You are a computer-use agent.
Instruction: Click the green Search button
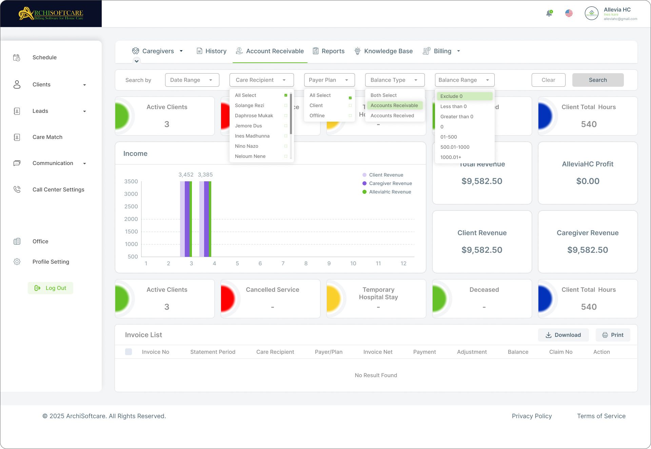(598, 80)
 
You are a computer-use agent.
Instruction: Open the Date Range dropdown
(192, 80)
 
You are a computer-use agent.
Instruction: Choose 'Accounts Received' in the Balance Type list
(392, 116)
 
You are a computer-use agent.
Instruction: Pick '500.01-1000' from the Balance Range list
(455, 147)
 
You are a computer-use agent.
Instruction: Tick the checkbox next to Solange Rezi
(285, 105)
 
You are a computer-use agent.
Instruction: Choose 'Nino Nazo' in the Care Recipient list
(246, 146)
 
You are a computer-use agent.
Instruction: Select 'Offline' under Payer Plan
(317, 116)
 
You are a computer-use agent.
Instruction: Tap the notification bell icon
(549, 14)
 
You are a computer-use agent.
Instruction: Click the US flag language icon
(569, 13)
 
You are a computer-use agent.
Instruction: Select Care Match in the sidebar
(47, 137)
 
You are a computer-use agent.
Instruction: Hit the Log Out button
(51, 288)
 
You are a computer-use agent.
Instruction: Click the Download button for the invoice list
(563, 335)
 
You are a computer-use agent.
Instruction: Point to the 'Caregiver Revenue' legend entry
(390, 183)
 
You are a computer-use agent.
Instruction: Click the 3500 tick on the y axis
(131, 181)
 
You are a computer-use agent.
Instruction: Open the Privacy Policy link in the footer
(532, 416)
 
